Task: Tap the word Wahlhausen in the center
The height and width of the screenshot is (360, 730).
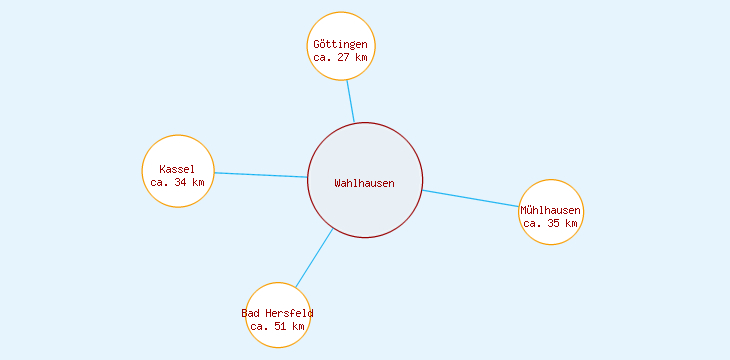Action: pyautogui.click(x=365, y=183)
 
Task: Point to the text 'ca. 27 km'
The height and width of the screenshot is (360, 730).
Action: pyautogui.click(x=340, y=58)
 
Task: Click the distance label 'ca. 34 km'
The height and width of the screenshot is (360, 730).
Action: pyautogui.click(x=178, y=182)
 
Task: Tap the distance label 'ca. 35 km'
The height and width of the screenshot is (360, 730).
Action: pyautogui.click(x=550, y=224)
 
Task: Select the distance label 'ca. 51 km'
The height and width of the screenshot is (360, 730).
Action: pyautogui.click(x=277, y=326)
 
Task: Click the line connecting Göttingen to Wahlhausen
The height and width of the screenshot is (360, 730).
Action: pyautogui.click(x=350, y=100)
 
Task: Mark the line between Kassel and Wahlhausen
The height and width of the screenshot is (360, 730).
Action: pyautogui.click(x=260, y=175)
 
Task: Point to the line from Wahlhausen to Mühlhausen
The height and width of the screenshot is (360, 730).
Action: pyautogui.click(x=470, y=198)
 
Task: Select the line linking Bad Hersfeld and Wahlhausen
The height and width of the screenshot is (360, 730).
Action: pyautogui.click(x=314, y=258)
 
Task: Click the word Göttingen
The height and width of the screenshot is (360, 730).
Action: pyautogui.click(x=340, y=45)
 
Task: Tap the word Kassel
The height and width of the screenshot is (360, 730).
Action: pyautogui.click(x=177, y=169)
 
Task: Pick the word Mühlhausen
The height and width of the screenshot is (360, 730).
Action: pyautogui.click(x=550, y=210)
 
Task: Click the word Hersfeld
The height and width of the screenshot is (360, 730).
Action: pyautogui.click(x=289, y=313)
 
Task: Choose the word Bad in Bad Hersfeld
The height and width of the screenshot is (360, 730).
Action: pyautogui.click(x=251, y=313)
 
